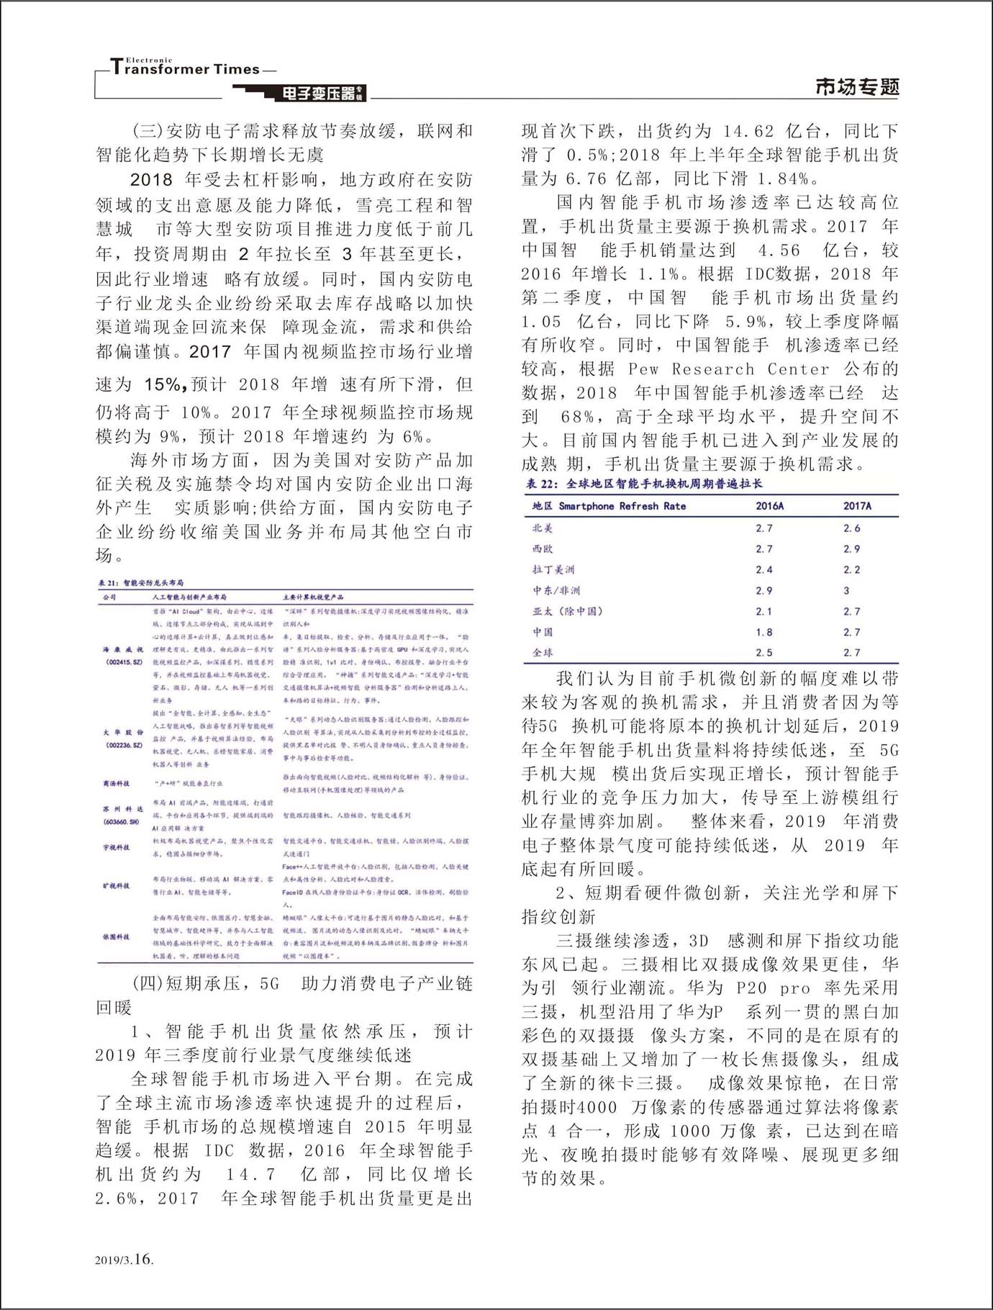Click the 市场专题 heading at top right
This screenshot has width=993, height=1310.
pyautogui.click(x=857, y=87)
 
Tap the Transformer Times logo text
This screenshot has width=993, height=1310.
pyautogui.click(x=186, y=69)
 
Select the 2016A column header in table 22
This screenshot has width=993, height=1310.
pyautogui.click(x=769, y=506)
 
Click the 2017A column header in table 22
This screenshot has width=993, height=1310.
pyautogui.click(x=856, y=506)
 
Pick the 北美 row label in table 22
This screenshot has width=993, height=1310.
pyautogui.click(x=543, y=528)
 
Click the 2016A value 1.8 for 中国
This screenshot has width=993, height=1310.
pyautogui.click(x=764, y=632)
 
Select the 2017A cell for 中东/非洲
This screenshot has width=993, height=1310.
pyautogui.click(x=847, y=590)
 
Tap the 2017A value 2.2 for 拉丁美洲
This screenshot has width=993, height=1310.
pyautogui.click(x=851, y=569)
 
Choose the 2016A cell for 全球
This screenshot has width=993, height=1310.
pyautogui.click(x=764, y=653)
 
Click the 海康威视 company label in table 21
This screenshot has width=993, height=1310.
pyautogui.click(x=124, y=649)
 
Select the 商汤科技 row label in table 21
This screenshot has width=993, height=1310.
pyautogui.click(x=116, y=783)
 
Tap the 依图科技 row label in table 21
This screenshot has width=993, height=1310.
pyautogui.click(x=116, y=936)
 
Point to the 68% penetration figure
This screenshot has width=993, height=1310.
pyautogui.click(x=577, y=417)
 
